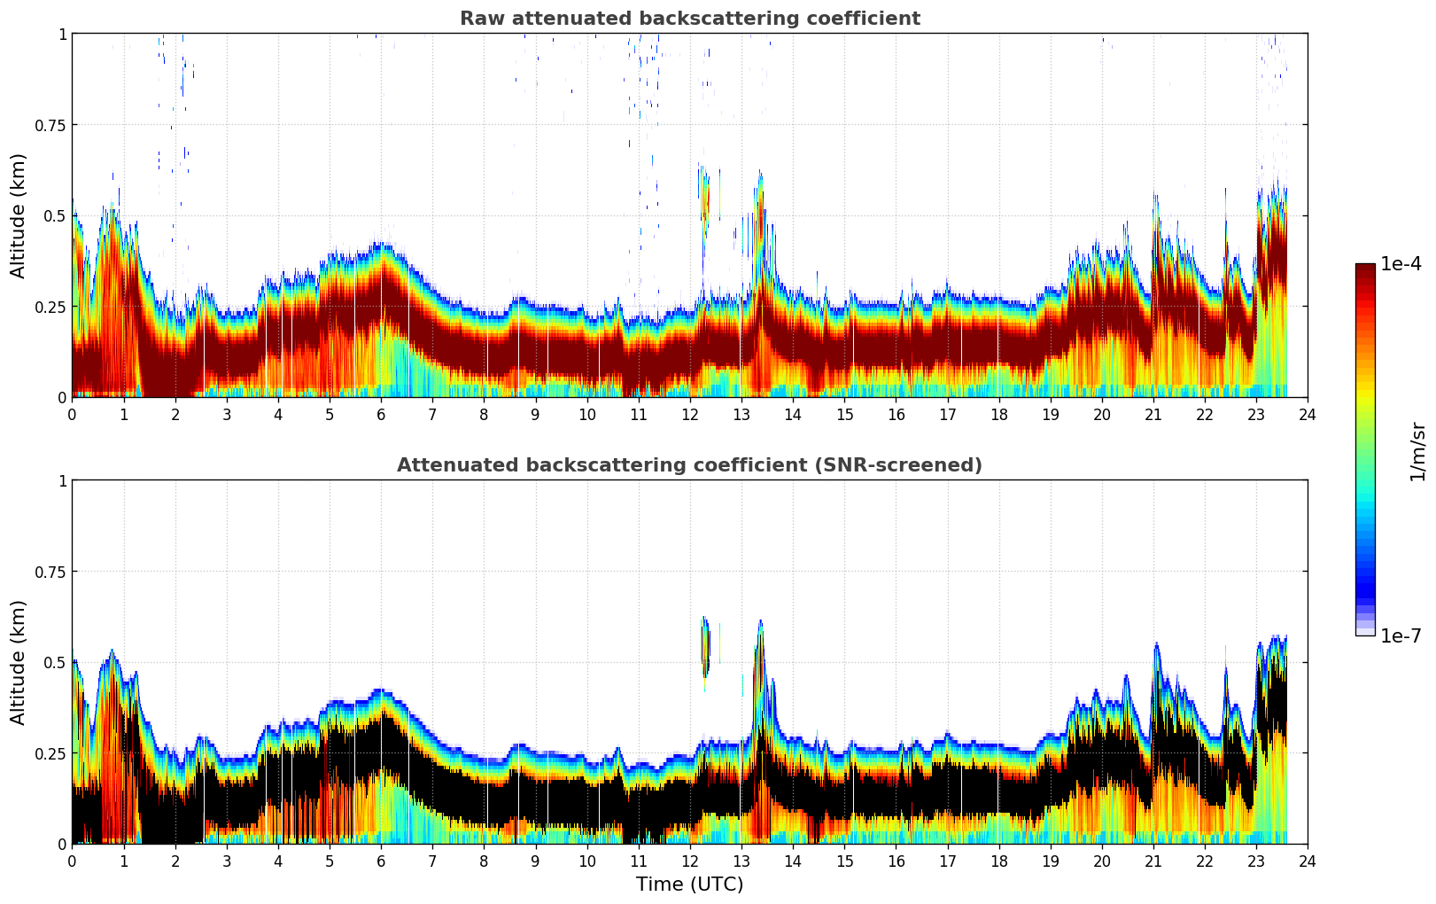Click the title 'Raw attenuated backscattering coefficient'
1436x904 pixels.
coord(689,19)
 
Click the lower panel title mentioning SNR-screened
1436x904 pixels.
coord(689,465)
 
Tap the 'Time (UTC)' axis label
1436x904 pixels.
coord(689,885)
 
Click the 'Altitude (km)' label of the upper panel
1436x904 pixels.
coord(19,215)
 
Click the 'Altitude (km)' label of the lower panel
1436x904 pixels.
coord(19,662)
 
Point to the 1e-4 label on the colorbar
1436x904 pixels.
coord(1401,264)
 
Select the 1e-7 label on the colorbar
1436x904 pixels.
coord(1401,635)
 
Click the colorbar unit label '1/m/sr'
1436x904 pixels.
coord(1417,452)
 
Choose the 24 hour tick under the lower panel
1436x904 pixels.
coord(1308,861)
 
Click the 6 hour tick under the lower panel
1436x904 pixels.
coord(381,861)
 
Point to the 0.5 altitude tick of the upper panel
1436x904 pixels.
coord(56,216)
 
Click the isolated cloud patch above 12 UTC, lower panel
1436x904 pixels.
coord(706,645)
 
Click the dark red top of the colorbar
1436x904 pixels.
coord(1364,269)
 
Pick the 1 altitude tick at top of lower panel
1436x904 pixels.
coord(62,481)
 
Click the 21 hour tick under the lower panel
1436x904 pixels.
coord(1153,861)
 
